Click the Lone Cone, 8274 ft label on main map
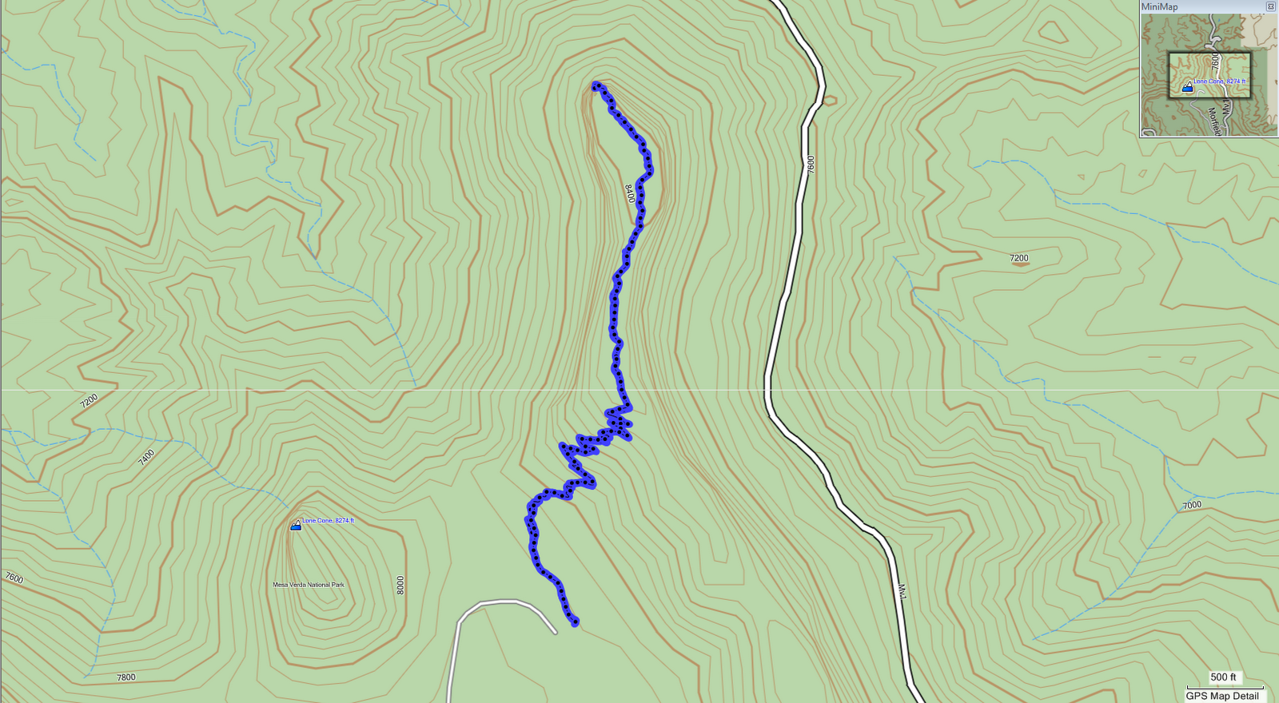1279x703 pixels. (x=328, y=521)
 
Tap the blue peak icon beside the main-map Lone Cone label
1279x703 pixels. (x=296, y=526)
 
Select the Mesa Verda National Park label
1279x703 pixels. (x=309, y=585)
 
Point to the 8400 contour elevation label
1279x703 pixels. (x=629, y=193)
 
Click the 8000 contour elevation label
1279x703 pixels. (x=400, y=585)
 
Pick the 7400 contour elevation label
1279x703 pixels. (x=146, y=457)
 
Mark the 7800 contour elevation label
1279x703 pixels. (x=126, y=677)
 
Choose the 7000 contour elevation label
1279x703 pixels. (x=1192, y=505)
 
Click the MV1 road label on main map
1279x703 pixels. (x=902, y=592)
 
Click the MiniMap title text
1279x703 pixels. (x=1159, y=7)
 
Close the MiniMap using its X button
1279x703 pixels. (x=1271, y=6)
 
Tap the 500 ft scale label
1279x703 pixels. (x=1223, y=677)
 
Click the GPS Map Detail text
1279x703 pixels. (x=1222, y=696)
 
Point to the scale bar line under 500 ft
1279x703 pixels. (x=1225, y=687)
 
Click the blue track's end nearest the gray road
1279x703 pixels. (x=575, y=622)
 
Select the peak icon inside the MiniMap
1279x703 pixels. (x=1187, y=87)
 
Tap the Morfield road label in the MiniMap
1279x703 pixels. (x=1213, y=121)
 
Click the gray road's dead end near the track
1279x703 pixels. (x=554, y=632)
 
